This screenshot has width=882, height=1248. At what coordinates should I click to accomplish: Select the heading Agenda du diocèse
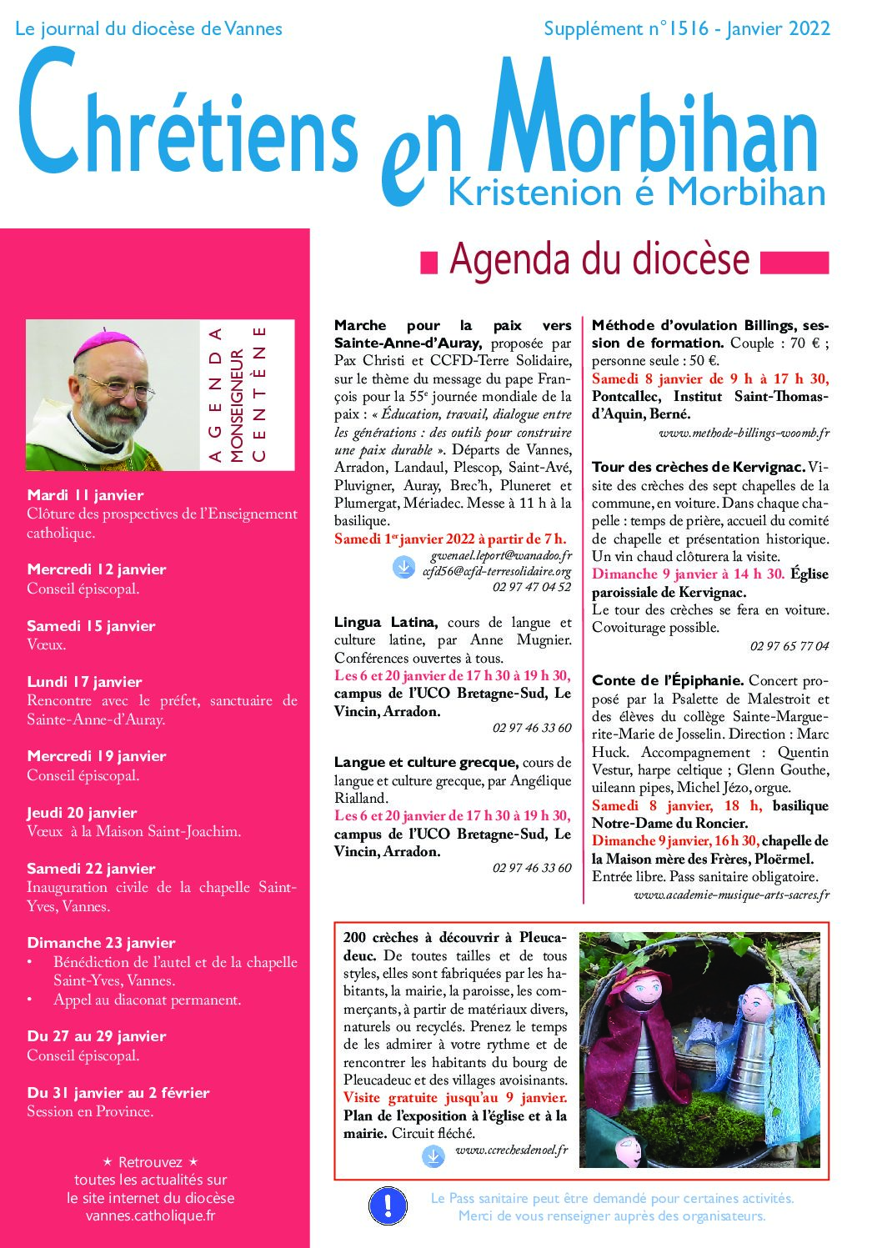[599, 259]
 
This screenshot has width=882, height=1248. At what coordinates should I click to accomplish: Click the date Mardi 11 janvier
[85, 495]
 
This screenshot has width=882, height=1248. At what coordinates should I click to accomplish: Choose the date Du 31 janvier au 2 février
[118, 1093]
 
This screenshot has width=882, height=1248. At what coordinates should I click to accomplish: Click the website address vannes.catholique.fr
[150, 1216]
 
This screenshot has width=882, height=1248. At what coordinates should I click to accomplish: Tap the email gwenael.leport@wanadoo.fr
[501, 555]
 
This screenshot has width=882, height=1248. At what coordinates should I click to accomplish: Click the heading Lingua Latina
[385, 622]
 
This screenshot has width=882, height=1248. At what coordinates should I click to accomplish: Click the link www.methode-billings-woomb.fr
[744, 433]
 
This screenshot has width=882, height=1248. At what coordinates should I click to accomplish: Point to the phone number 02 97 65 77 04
[789, 646]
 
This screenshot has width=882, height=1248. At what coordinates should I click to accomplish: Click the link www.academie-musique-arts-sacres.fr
[731, 895]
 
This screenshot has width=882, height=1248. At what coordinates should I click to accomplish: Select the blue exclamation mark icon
[388, 1205]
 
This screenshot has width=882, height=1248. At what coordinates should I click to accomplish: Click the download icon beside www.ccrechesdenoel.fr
[433, 1156]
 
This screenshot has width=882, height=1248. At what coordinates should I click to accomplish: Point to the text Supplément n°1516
[625, 29]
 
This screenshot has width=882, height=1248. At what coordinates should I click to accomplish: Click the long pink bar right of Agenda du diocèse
[794, 262]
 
